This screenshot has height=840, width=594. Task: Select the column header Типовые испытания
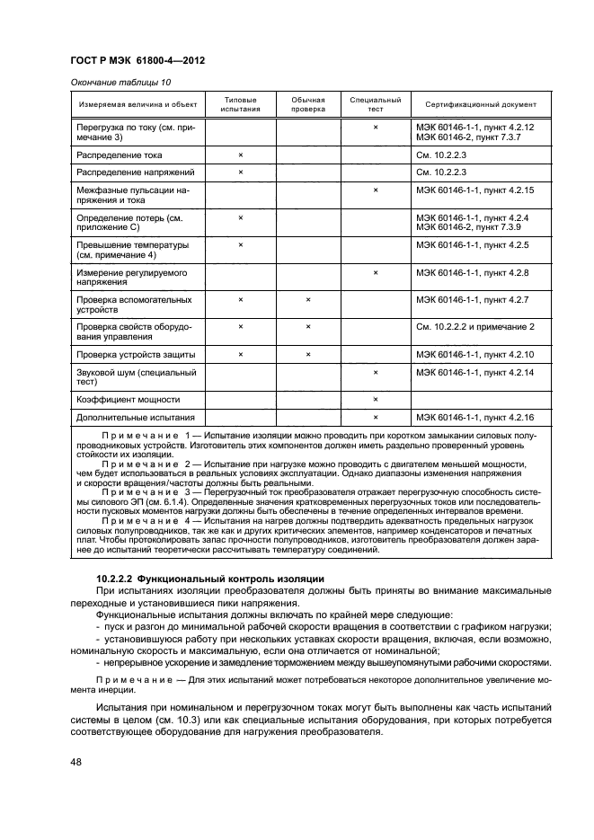pyautogui.click(x=240, y=104)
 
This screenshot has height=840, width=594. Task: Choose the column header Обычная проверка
pyautogui.click(x=308, y=104)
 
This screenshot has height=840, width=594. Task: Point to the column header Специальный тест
pyautogui.click(x=376, y=104)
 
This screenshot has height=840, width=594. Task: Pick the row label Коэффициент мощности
pyautogui.click(x=129, y=399)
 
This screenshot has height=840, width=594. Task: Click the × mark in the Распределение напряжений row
pyautogui.click(x=241, y=172)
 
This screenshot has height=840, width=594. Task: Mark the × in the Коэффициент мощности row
pyautogui.click(x=376, y=399)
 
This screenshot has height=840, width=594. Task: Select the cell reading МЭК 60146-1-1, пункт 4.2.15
pyautogui.click(x=474, y=190)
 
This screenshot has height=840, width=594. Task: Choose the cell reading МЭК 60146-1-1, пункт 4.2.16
pyautogui.click(x=474, y=418)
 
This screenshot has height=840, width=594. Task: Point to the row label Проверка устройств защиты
pyautogui.click(x=137, y=355)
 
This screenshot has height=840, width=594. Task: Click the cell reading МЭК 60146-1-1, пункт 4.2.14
pyautogui.click(x=474, y=372)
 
